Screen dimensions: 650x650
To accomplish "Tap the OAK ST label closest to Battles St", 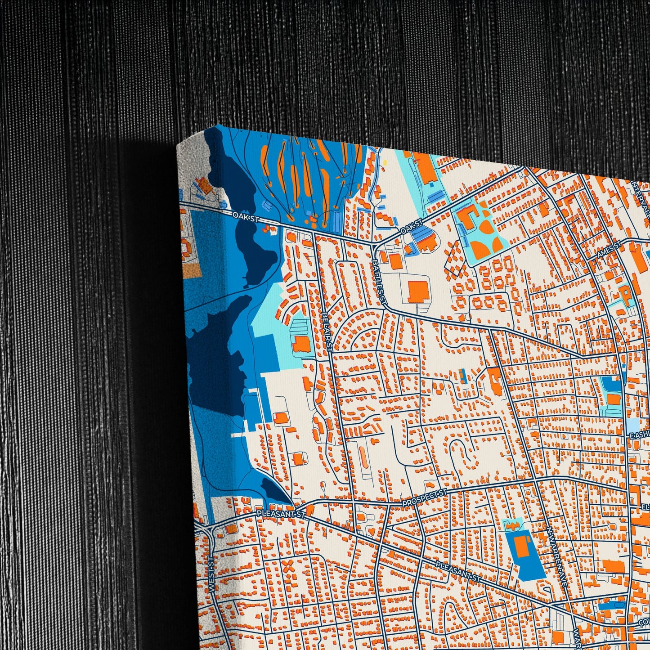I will pyautogui.click(x=412, y=226).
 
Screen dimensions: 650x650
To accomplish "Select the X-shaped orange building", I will pyautogui.click(x=288, y=568).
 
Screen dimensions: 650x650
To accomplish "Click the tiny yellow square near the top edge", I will pyautogui.click(x=385, y=162).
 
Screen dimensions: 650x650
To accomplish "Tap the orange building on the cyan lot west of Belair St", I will pyautogui.click(x=302, y=344).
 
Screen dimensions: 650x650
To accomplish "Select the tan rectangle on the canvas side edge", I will pyautogui.click(x=191, y=269).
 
